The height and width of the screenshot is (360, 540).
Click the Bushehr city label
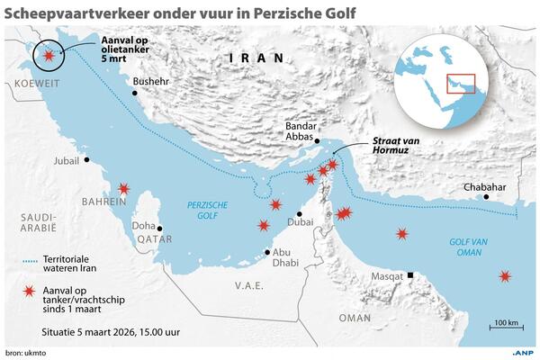(149, 81)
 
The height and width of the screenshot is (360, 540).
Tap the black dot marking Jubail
(87, 161)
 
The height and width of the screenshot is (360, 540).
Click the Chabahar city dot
(486, 196)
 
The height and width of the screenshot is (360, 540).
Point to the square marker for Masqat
(411, 275)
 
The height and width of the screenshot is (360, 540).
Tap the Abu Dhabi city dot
(267, 252)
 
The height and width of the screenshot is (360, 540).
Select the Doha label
(145, 225)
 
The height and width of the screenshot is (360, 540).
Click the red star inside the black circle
(48, 56)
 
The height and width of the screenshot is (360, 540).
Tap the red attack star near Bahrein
(123, 189)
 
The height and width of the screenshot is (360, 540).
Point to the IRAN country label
(256, 58)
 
